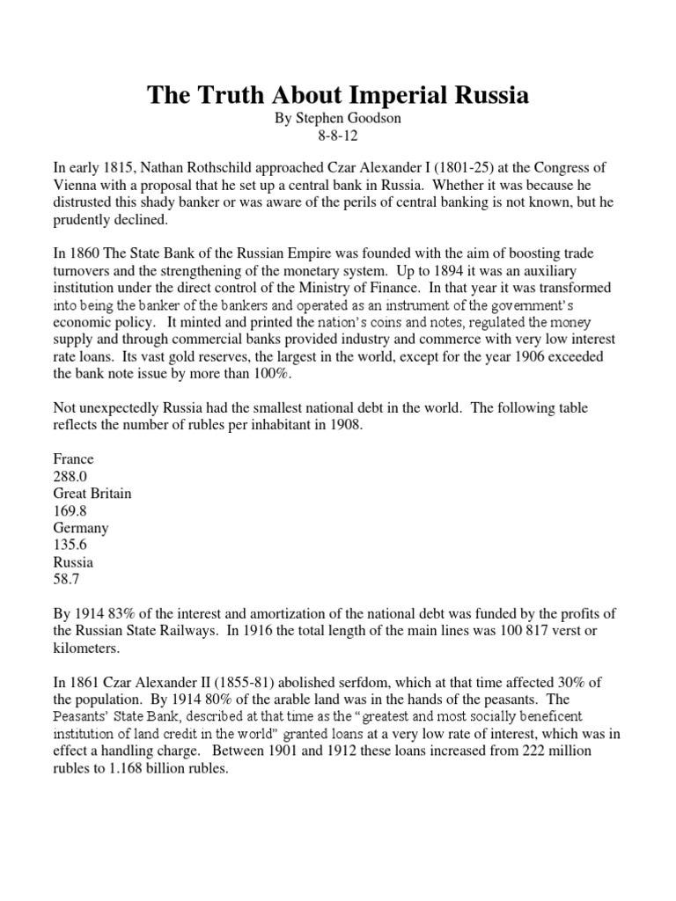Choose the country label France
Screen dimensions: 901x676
pyautogui.click(x=74, y=458)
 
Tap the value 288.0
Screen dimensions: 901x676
pyautogui.click(x=70, y=476)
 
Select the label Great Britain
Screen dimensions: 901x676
pyautogui.click(x=92, y=493)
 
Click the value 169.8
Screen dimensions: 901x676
pyautogui.click(x=70, y=510)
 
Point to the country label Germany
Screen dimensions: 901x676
pyautogui.click(x=81, y=527)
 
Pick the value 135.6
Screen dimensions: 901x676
pyautogui.click(x=70, y=545)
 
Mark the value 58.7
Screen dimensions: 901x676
pyautogui.click(x=67, y=578)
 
